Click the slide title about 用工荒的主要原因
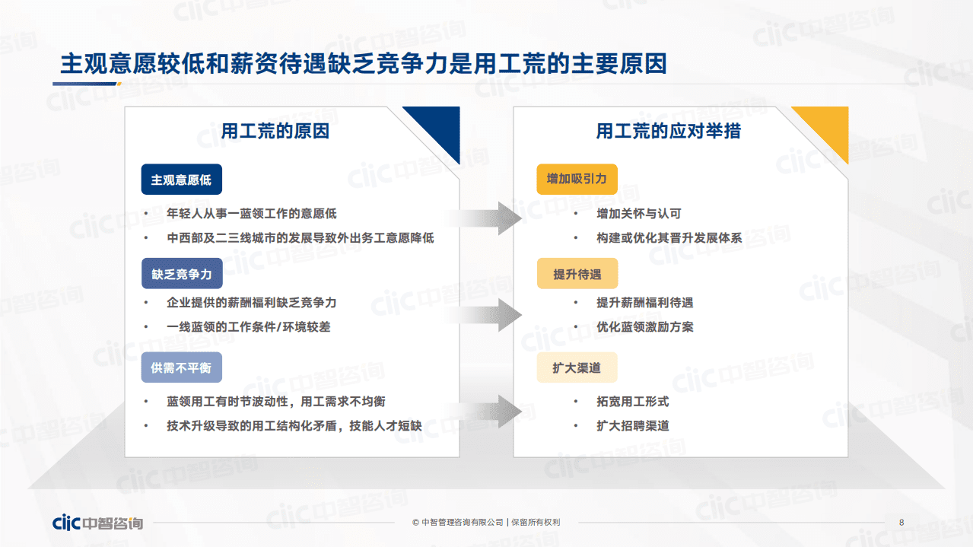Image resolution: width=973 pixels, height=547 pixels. (x=363, y=63)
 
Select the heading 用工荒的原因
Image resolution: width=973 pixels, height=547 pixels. (x=275, y=131)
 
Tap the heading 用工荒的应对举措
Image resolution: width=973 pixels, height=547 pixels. (x=668, y=131)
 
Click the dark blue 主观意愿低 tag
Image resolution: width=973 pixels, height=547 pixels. (x=181, y=180)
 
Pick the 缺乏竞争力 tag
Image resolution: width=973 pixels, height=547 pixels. (x=181, y=273)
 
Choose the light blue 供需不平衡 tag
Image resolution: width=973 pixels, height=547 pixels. (x=181, y=367)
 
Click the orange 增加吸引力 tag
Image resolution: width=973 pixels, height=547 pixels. (x=577, y=180)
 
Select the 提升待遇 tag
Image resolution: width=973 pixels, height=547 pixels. (x=577, y=274)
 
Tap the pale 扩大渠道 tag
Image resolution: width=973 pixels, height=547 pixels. (x=577, y=367)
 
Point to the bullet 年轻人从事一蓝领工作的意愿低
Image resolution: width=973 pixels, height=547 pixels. (x=251, y=214)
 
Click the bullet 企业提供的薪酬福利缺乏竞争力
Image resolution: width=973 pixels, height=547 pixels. (x=251, y=303)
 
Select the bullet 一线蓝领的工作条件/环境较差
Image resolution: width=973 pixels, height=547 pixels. (x=248, y=327)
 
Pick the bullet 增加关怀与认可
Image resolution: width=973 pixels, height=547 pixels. (x=638, y=214)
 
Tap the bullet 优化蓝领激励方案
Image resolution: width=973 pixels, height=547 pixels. (x=644, y=327)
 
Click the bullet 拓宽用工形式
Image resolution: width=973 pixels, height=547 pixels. (x=632, y=402)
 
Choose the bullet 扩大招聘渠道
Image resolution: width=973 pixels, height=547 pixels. (x=632, y=426)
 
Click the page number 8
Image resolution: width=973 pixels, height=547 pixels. (x=901, y=523)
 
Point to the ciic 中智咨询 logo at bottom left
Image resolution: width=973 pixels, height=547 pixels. (x=97, y=523)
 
